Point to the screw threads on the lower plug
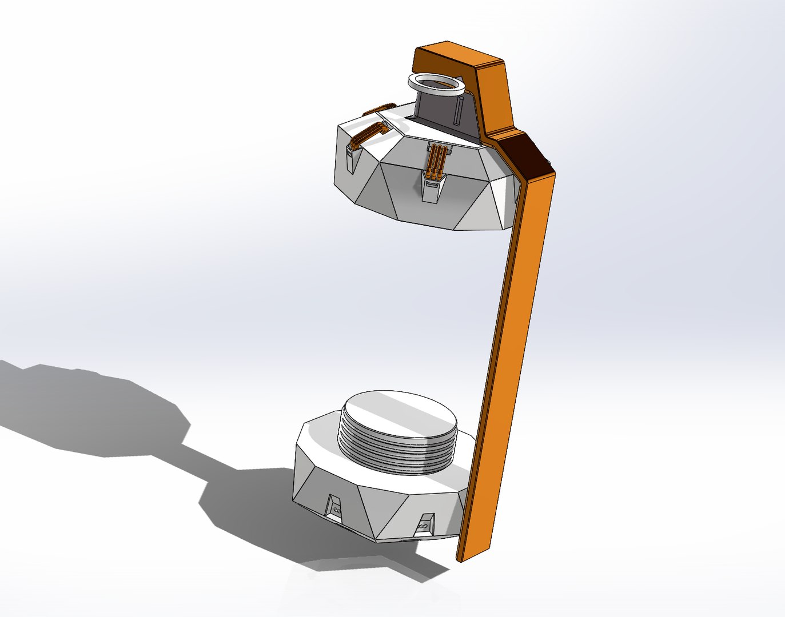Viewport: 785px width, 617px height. pos(395,454)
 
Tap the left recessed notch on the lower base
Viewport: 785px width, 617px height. pos(333,505)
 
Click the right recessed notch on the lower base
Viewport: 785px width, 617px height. pos(425,523)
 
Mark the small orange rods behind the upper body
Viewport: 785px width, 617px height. pos(380,108)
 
